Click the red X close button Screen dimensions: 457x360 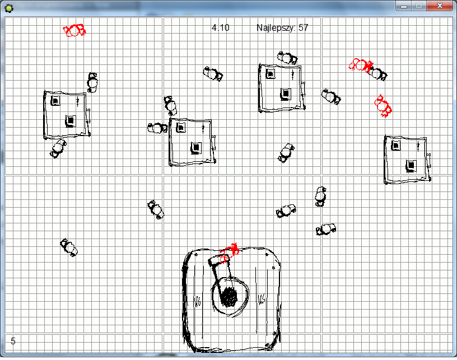(x=440, y=6)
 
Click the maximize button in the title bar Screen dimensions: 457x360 (x=419, y=6)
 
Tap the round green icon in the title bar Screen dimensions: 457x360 (x=9, y=8)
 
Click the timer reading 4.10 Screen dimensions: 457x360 (x=220, y=27)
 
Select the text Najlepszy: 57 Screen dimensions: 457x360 (x=282, y=27)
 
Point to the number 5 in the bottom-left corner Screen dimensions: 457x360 (x=13, y=341)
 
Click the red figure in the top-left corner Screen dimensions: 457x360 (x=74, y=30)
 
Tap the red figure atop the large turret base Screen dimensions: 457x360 (x=230, y=253)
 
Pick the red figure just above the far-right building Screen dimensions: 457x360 (x=383, y=105)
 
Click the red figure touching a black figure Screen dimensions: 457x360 (x=361, y=66)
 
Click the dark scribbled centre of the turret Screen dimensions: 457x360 (x=229, y=297)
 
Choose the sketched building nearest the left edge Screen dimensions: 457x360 (x=67, y=115)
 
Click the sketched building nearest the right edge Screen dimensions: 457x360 (x=408, y=160)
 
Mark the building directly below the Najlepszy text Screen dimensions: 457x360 (x=282, y=88)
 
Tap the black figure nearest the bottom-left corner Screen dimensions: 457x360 (x=69, y=247)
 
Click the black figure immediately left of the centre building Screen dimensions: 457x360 (x=157, y=128)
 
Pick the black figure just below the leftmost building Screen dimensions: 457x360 (x=58, y=148)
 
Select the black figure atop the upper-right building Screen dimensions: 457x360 (x=287, y=58)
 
